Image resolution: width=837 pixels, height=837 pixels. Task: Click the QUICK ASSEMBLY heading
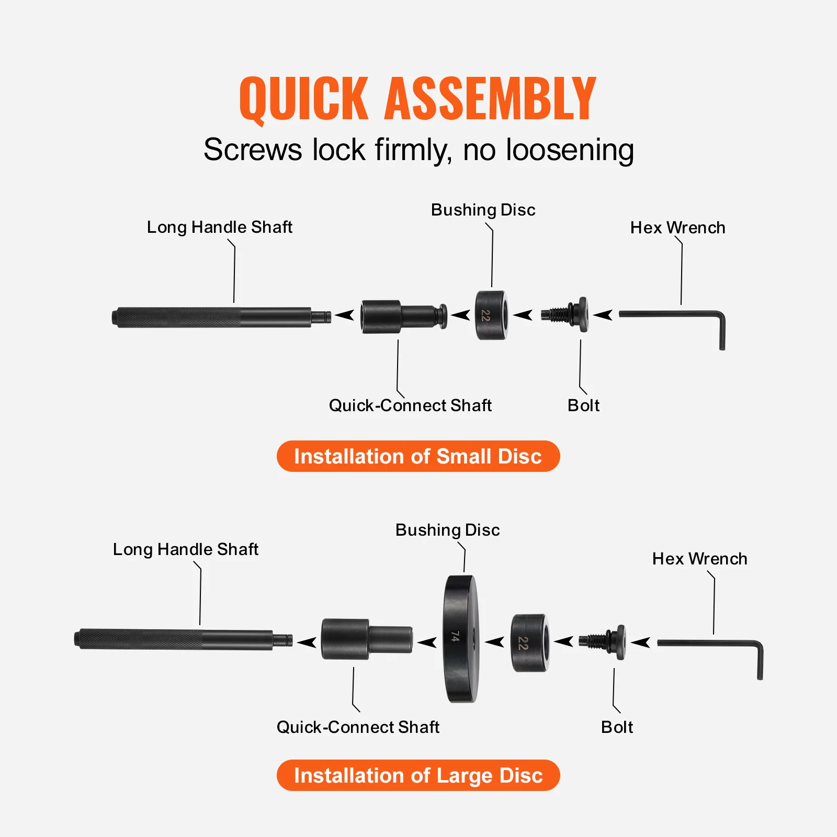417,98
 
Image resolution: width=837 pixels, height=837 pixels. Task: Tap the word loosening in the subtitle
570,150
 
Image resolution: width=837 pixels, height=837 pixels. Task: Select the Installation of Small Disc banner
418,456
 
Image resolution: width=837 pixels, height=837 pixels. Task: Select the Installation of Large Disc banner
418,775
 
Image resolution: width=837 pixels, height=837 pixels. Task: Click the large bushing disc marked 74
461,638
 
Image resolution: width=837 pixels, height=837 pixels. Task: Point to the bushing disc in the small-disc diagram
491,315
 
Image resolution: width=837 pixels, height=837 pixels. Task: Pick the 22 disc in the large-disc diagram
529,643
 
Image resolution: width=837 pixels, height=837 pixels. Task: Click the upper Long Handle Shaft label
219,227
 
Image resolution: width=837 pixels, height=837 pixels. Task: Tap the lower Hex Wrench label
699,559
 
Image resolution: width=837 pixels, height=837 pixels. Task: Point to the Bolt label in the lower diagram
617,727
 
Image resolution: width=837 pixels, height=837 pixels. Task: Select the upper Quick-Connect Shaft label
410,405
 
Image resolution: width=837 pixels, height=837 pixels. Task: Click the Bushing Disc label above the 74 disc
447,530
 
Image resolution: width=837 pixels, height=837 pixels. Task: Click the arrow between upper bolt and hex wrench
603,315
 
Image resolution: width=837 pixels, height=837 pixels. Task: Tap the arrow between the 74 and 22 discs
494,642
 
